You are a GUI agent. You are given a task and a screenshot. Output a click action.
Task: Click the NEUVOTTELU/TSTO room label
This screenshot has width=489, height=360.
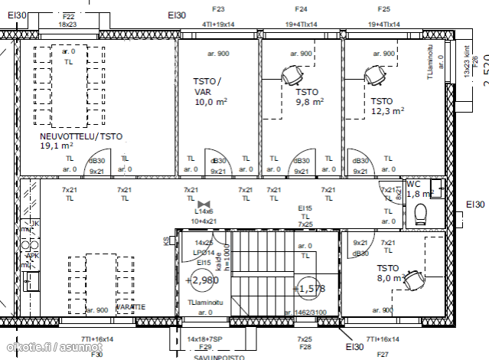[x=80, y=136]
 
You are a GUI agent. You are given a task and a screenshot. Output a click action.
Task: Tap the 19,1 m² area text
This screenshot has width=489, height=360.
[x=57, y=145]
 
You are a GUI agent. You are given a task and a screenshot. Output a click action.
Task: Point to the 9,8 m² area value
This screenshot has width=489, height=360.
[x=309, y=100]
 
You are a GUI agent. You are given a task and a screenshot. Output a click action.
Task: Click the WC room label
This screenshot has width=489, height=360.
[x=413, y=185]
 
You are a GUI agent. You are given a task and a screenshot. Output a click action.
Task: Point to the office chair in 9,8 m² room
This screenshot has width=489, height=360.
[x=290, y=75]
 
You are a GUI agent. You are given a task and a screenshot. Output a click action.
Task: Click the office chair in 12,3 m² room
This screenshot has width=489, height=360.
[x=374, y=75]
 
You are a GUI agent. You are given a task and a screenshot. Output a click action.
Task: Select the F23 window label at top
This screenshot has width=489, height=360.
[x=218, y=9]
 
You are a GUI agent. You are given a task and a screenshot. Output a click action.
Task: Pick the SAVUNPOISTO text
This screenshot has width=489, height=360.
[x=218, y=355]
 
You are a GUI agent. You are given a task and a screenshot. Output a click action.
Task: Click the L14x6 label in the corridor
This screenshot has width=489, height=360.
[x=204, y=211]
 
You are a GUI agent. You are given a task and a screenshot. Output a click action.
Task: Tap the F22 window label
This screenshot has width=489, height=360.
[x=68, y=16]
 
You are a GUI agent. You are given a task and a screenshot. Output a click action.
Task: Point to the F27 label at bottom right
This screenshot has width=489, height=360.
[x=383, y=355]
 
